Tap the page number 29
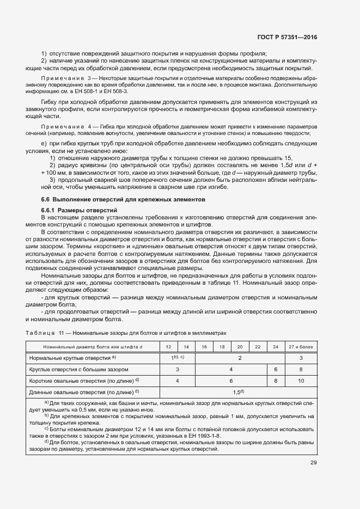coord(313,463)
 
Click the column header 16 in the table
coord(204,346)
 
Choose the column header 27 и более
coord(301,346)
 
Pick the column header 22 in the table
coord(258,346)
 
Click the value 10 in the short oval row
coord(301,381)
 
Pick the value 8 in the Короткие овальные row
coord(276,381)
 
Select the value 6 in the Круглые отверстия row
coord(276,369)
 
